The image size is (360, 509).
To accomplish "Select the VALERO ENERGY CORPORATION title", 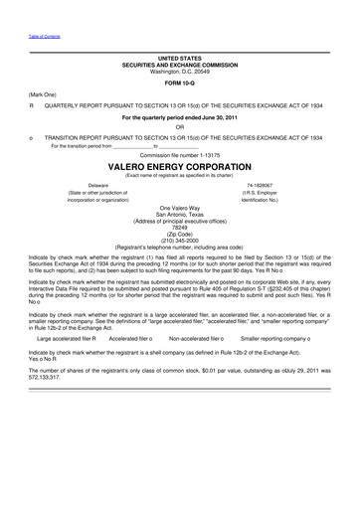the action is pos(180,169).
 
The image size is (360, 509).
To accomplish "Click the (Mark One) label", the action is pos(40,95).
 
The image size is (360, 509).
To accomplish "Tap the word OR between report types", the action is pos(180,126).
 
